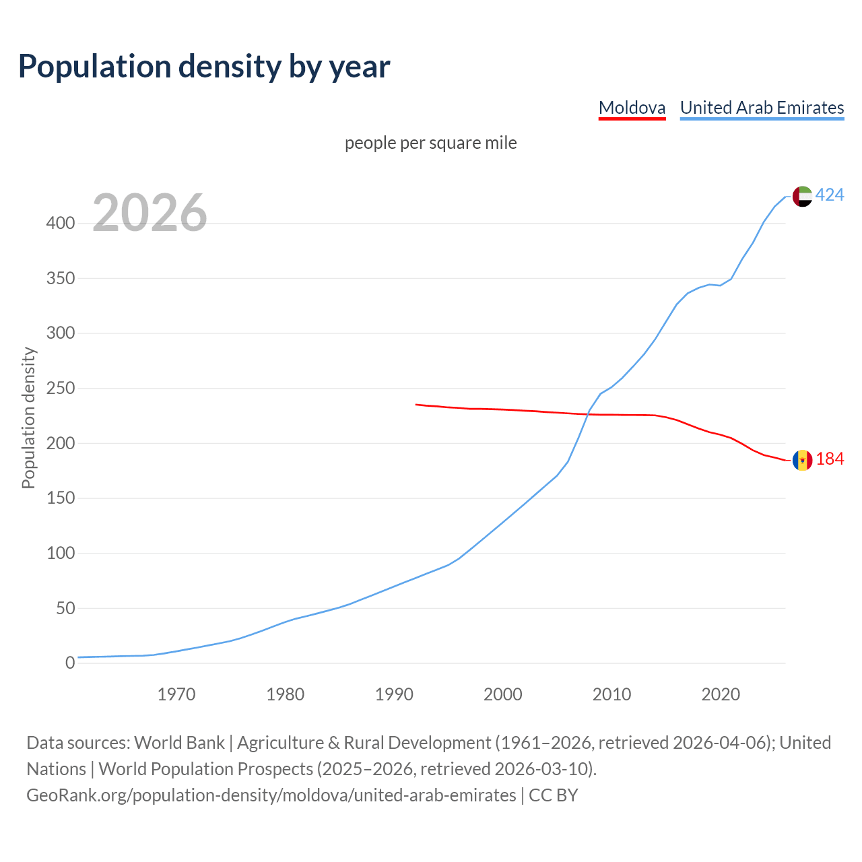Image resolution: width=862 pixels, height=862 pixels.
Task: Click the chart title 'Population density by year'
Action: (x=204, y=66)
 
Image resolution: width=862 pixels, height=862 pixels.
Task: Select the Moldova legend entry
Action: (x=632, y=108)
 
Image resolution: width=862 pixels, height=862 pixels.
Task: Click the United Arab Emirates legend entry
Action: (x=762, y=108)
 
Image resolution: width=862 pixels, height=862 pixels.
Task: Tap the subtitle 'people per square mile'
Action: (x=431, y=143)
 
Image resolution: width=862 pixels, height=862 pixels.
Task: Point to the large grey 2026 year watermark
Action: (x=150, y=213)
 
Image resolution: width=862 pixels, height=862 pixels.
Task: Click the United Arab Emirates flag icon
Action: (x=802, y=196)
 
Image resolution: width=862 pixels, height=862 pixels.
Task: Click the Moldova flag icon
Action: (x=802, y=460)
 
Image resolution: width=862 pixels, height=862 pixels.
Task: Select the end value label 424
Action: (x=830, y=195)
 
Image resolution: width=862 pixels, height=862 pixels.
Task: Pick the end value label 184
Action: (x=830, y=459)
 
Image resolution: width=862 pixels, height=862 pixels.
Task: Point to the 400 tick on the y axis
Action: (x=61, y=223)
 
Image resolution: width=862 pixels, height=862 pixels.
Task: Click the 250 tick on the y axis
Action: (x=61, y=389)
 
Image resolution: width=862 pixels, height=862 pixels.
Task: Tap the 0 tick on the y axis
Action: (x=70, y=663)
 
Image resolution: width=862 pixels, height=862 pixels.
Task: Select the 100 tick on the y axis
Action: (x=61, y=554)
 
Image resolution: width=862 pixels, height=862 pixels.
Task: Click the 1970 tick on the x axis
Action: (x=176, y=694)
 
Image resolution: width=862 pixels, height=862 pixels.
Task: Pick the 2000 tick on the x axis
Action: (x=503, y=694)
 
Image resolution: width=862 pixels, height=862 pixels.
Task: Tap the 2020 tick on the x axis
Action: (x=721, y=694)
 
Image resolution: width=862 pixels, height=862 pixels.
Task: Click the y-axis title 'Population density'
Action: (x=28, y=418)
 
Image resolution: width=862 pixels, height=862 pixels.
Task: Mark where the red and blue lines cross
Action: (x=588, y=414)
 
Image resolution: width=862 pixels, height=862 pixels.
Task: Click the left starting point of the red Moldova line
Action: (x=416, y=404)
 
